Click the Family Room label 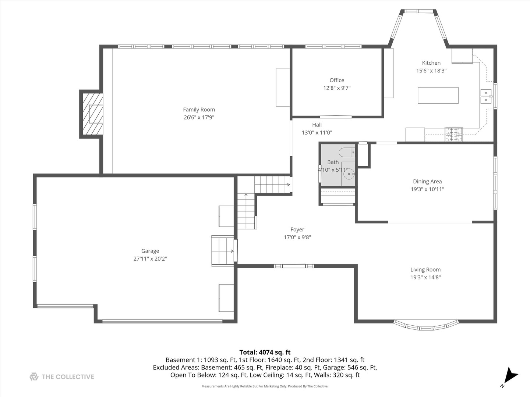199,110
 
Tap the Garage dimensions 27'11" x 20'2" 150,259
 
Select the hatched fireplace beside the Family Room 92,114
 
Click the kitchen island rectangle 438,95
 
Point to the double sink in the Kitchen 486,96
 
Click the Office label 337,80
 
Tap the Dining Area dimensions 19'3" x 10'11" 427,189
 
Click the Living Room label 425,269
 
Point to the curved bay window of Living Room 426,326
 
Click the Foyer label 297,229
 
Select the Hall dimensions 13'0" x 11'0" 317,133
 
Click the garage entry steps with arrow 222,251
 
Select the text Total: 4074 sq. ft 265,352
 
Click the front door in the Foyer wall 294,266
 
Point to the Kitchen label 431,63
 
